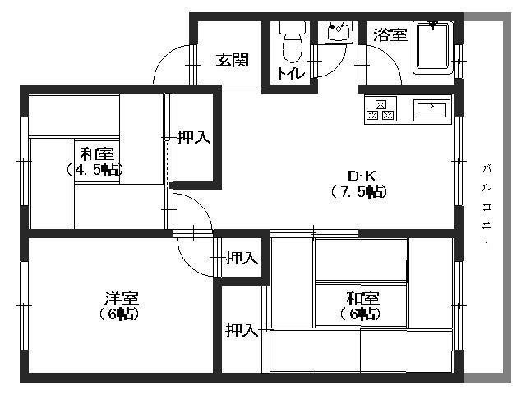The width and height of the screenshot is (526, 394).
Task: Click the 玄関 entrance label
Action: pos(233,60)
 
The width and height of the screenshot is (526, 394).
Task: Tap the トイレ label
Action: pos(290,74)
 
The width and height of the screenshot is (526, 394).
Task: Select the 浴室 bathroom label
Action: pos(390,34)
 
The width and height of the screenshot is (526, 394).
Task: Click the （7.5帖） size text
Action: pos(359,192)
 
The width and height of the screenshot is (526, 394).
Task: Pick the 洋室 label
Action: pos(121,297)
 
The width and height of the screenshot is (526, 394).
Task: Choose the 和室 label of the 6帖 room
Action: pos(362,297)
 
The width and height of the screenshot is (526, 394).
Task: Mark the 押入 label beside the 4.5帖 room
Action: pos(194,138)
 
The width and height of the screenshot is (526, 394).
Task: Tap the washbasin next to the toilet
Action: pos(337,33)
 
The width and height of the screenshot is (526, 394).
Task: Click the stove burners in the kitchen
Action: pos(380,110)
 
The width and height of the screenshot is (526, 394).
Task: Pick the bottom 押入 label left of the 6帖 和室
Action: pos(242,331)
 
